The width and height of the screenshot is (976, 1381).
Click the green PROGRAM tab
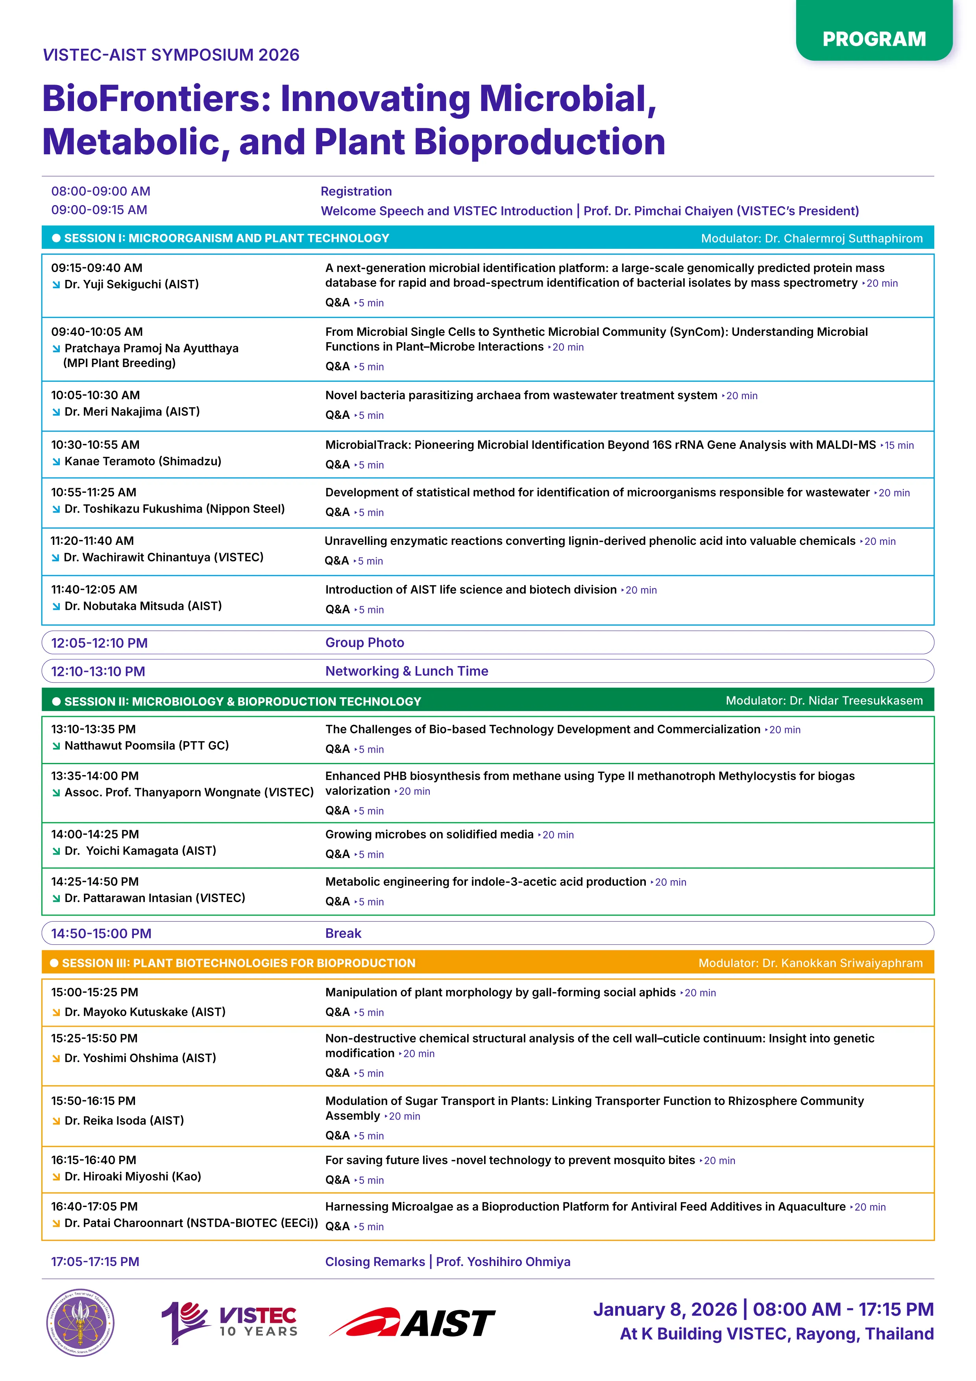[873, 39]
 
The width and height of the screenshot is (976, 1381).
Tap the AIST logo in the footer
[412, 1323]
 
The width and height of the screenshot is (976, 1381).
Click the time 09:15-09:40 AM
[97, 268]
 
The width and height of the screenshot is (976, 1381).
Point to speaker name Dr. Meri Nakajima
[132, 411]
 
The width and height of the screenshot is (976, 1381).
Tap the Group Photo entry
[364, 642]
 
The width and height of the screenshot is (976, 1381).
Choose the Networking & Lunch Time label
[407, 671]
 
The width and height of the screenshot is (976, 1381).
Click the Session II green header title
[242, 702]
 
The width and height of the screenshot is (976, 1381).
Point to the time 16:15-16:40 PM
[93, 1160]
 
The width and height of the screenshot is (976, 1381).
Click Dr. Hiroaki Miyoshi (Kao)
[132, 1177]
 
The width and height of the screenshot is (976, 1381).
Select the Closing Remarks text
[375, 1261]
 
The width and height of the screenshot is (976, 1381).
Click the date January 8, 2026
[664, 1309]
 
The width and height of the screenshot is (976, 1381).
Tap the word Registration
[356, 191]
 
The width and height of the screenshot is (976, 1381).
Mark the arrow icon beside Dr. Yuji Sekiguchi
[56, 285]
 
